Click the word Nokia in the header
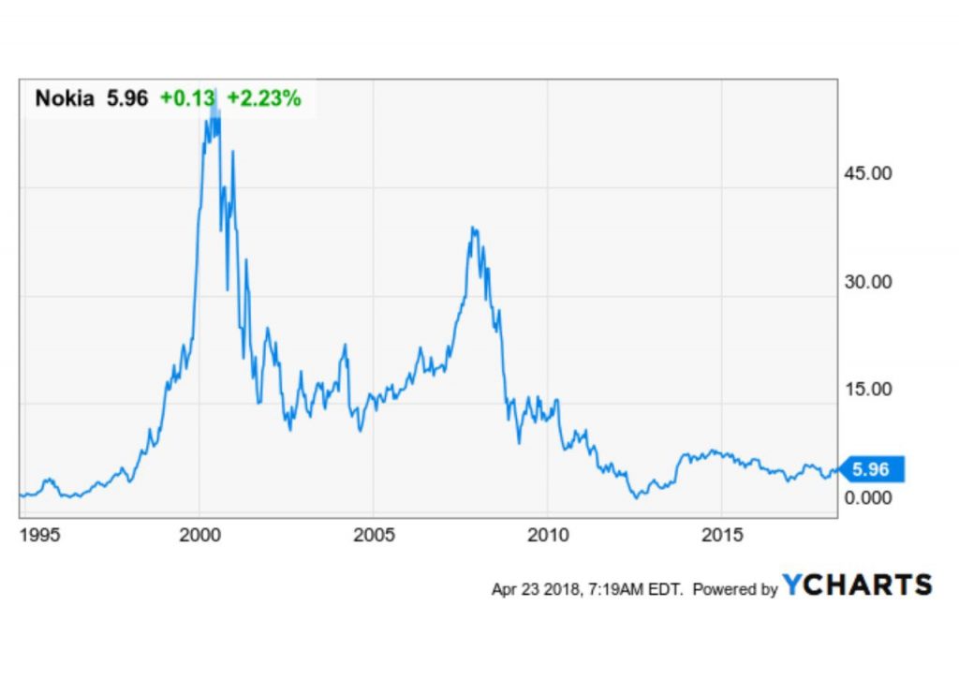[x=65, y=98]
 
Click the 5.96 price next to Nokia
[x=125, y=98]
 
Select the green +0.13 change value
[x=187, y=98]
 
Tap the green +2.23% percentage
[x=263, y=98]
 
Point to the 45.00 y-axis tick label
[x=867, y=174]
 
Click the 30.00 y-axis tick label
[x=867, y=282]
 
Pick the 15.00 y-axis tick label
[x=867, y=390]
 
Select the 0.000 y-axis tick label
[x=867, y=497]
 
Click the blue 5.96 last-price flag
[x=876, y=469]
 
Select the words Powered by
[x=735, y=590]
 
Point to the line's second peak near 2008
[x=474, y=228]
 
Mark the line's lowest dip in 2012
[x=637, y=496]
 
